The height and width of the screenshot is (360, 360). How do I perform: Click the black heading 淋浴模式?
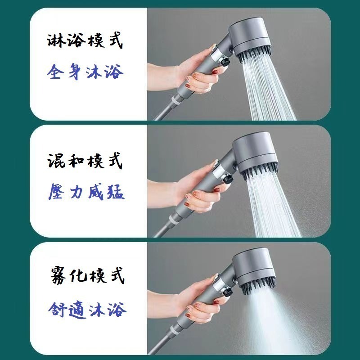85,42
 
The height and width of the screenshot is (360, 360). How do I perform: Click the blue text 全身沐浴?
85,72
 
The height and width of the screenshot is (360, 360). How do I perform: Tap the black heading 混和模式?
85,161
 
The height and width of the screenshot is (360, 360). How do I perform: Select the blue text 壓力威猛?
85,192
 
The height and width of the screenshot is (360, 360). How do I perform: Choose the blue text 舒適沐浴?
85,309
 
